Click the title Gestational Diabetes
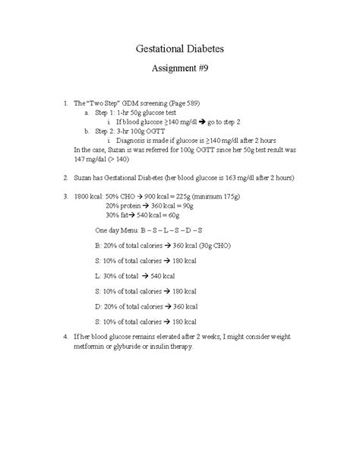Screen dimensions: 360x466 pyautogui.click(x=180, y=49)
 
